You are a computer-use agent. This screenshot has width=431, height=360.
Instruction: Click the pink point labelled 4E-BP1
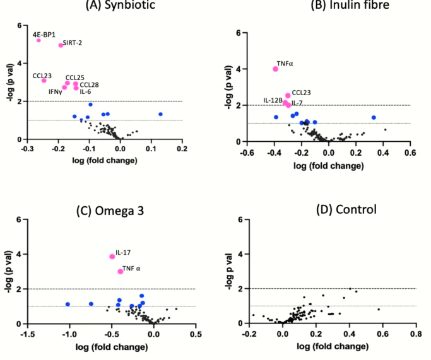point(38,40)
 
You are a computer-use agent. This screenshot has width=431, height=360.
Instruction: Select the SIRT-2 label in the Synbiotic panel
point(73,42)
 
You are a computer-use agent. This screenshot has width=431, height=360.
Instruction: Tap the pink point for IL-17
point(112,257)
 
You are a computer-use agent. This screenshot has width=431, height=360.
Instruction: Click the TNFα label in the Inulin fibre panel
point(285,64)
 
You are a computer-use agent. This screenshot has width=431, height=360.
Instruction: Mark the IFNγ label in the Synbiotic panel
point(55,92)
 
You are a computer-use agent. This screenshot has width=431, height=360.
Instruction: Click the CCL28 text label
point(89,84)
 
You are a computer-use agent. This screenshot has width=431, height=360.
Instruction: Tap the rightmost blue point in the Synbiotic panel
point(160,114)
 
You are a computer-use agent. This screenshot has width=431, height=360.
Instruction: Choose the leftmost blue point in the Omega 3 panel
point(68,305)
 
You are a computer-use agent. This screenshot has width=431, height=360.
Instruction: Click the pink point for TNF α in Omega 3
point(121,271)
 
